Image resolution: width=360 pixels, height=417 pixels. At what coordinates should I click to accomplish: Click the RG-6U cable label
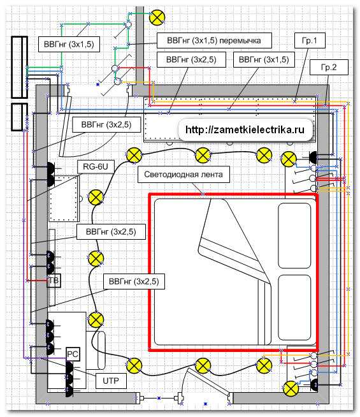click(96, 167)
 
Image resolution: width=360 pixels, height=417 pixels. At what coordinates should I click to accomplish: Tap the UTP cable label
click(111, 381)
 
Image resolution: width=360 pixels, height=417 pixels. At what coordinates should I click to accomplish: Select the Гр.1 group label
click(310, 41)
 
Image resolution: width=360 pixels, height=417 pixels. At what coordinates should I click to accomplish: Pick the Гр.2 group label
click(329, 67)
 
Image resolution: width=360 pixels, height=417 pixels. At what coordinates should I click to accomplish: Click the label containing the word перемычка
click(214, 40)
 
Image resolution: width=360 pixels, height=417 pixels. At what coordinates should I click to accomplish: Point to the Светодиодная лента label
click(184, 175)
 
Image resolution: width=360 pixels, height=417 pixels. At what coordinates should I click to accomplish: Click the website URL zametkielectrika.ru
click(245, 129)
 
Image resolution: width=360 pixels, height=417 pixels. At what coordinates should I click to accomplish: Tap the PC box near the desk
click(73, 355)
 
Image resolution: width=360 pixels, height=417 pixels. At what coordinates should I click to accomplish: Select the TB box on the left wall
click(54, 281)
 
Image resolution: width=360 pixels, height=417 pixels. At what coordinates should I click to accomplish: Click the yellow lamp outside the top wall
click(157, 18)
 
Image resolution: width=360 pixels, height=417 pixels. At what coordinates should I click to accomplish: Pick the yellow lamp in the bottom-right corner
click(291, 389)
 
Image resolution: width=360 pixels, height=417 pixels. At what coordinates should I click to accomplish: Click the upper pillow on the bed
click(294, 236)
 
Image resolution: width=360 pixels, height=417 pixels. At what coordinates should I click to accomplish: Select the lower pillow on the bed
click(294, 307)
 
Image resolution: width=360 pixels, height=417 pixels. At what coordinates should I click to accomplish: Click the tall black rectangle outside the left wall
click(19, 68)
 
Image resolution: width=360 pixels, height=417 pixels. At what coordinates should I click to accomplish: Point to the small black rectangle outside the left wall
click(19, 117)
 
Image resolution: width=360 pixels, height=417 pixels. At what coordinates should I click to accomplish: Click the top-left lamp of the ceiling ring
click(134, 156)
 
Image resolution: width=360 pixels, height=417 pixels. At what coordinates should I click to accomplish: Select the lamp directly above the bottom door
click(203, 366)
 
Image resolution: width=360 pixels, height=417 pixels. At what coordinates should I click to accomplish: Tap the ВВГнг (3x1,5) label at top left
click(69, 44)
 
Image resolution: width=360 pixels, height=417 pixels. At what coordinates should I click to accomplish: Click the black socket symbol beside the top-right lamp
click(313, 157)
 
